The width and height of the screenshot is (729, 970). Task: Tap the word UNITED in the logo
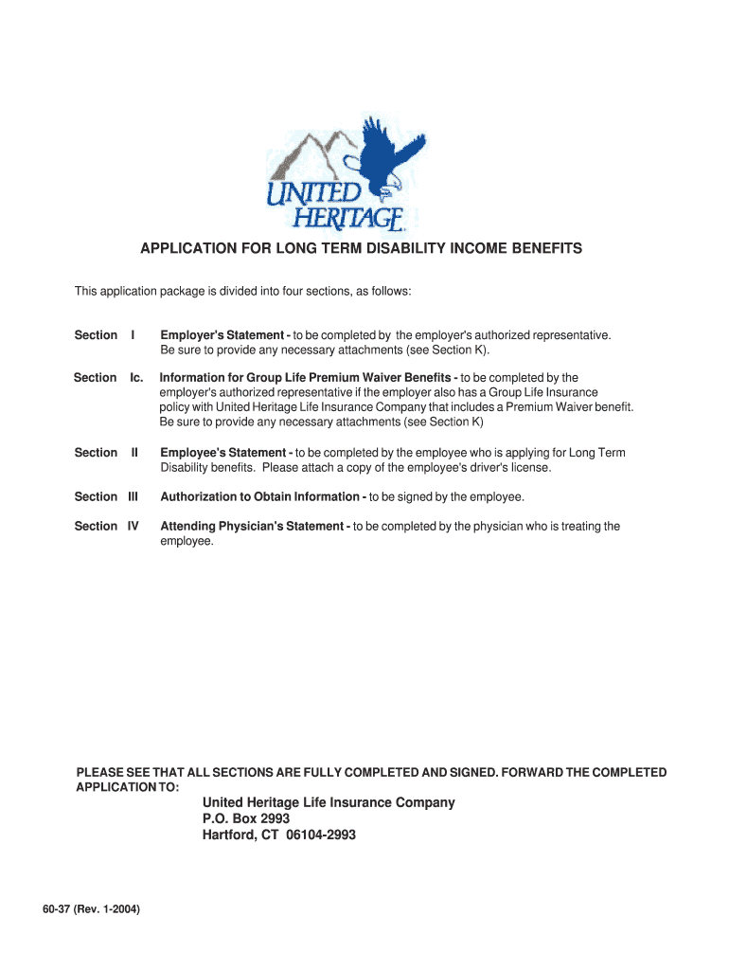pyautogui.click(x=312, y=195)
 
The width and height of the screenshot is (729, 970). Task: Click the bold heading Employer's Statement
pyautogui.click(x=223, y=335)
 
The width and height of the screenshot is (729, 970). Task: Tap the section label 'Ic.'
pyautogui.click(x=136, y=378)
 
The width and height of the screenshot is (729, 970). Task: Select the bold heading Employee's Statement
pyautogui.click(x=223, y=453)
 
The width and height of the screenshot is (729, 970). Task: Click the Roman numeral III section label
pyautogui.click(x=133, y=496)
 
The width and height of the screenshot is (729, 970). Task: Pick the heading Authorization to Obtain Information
pyautogui.click(x=261, y=496)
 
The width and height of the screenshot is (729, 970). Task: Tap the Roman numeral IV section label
pyautogui.click(x=133, y=526)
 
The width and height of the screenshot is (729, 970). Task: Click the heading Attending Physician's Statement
pyautogui.click(x=254, y=526)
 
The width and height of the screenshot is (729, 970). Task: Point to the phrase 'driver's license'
pyautogui.click(x=504, y=468)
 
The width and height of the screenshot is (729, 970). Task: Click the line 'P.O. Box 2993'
pyautogui.click(x=246, y=818)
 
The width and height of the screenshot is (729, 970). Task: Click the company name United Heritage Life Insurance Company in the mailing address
pyautogui.click(x=329, y=802)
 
